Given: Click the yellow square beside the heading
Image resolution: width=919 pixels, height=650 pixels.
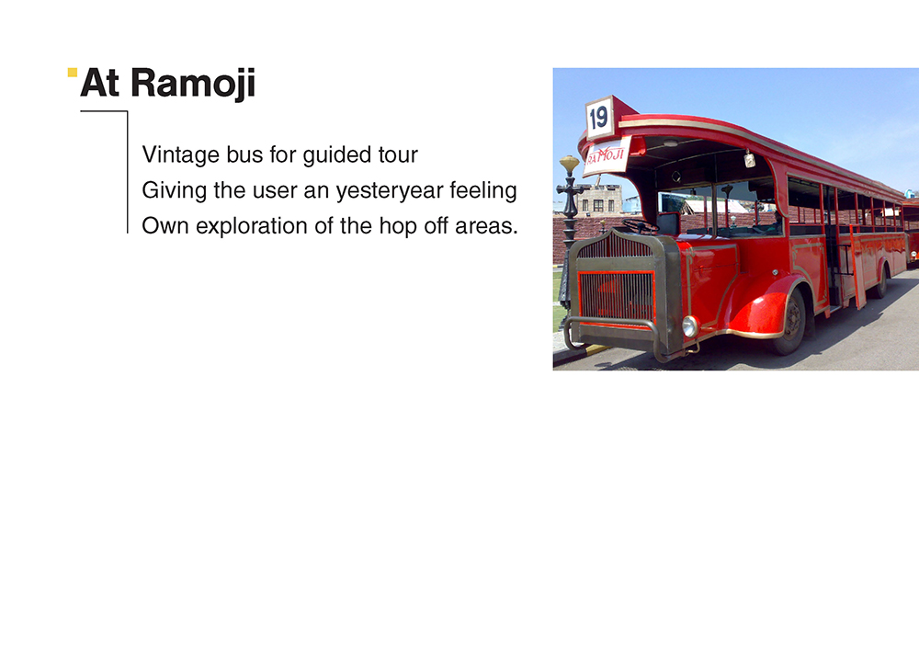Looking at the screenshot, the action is pyautogui.click(x=73, y=72).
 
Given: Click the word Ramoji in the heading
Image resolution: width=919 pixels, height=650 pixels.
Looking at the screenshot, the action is pyautogui.click(x=193, y=84).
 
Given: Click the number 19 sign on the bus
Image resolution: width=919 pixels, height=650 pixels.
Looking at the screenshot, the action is pyautogui.click(x=599, y=118).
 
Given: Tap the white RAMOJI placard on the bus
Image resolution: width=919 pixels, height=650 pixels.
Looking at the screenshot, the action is pyautogui.click(x=607, y=156).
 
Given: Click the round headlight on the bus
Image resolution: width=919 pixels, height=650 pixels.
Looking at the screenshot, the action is pyautogui.click(x=690, y=326).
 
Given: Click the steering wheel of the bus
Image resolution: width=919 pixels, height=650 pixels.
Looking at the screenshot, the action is pyautogui.click(x=640, y=225).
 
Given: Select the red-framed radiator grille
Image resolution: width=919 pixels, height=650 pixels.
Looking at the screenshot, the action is pyautogui.click(x=616, y=297).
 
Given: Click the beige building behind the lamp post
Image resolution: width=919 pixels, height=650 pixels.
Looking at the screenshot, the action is pyautogui.click(x=599, y=200).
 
